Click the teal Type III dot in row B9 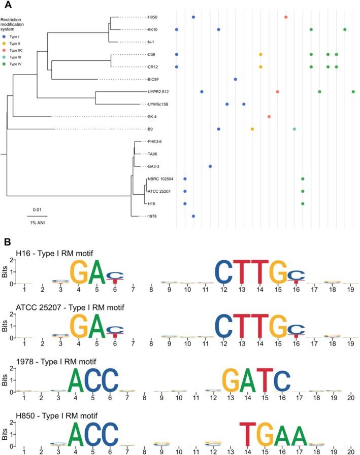(294, 129)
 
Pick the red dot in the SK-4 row (269, 117)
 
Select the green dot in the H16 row (303, 203)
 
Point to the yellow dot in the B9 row (252, 129)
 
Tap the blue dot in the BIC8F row (236, 79)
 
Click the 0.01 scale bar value (38, 209)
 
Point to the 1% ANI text (38, 220)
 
